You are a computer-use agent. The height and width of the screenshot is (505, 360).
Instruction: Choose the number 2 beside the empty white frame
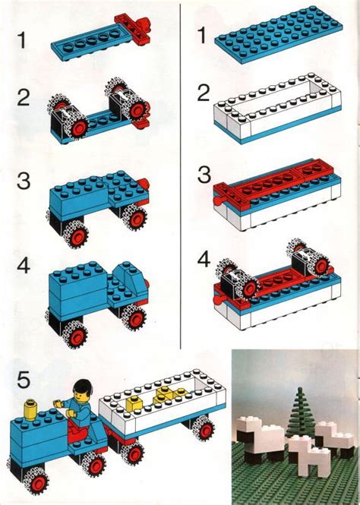click(202, 93)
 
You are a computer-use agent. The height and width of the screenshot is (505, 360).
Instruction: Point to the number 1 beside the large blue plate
click(202, 35)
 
